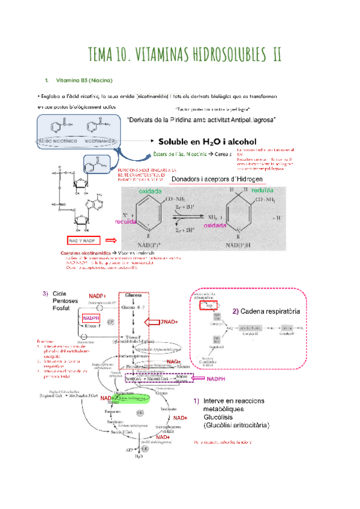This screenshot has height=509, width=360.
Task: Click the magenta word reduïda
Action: pyautogui.click(x=126, y=221)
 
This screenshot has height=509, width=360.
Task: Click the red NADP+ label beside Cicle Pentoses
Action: pyautogui.click(x=97, y=297)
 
